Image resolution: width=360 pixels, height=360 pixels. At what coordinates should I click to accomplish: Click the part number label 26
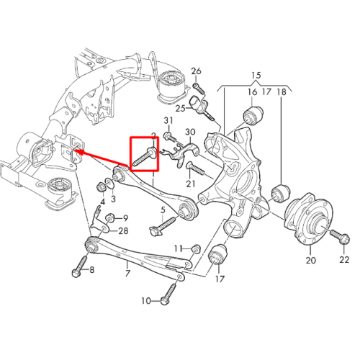pos(196,71)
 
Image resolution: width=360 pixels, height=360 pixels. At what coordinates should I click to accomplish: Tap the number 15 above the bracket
pos(256,76)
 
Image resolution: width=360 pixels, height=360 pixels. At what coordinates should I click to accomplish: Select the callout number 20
pos(310,260)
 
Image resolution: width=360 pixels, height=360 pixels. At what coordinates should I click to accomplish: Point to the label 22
pos(344,259)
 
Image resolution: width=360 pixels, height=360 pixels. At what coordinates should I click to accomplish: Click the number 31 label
pos(168,120)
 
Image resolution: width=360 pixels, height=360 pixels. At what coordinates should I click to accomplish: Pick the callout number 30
pos(190,132)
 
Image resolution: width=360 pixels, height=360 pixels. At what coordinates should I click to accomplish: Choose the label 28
pos(123,231)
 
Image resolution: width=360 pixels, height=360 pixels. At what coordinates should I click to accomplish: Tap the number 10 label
pos(146,300)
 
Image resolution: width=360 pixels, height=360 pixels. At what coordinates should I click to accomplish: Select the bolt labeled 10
pos(169,294)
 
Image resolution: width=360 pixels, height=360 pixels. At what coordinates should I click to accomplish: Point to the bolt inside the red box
pos(145,157)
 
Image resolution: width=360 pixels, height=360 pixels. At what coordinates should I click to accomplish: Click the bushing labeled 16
pos(253,114)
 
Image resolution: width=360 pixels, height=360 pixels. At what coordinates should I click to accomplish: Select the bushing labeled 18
pos(280,192)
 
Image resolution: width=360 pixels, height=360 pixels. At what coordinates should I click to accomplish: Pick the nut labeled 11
pos(197,248)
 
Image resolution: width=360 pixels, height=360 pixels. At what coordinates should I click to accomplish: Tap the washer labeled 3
pos(109,184)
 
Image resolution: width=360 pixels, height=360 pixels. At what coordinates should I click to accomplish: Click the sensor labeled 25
pos(198,105)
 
